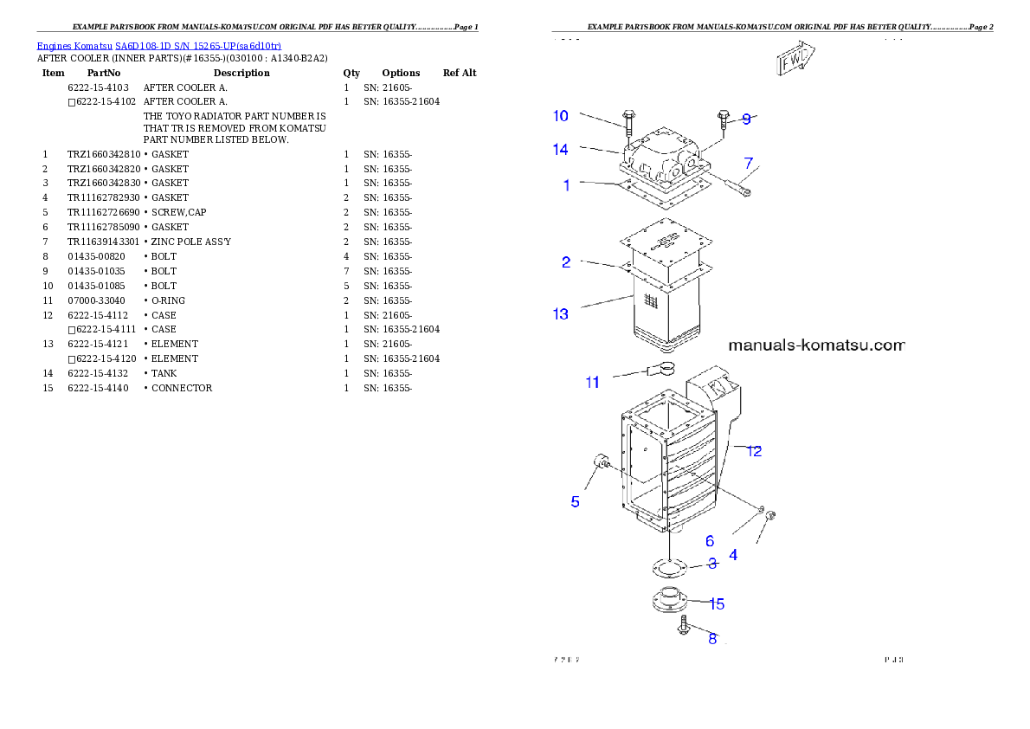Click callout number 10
(561, 116)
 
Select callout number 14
(561, 150)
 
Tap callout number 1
(567, 185)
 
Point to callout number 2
(566, 262)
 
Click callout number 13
(561, 313)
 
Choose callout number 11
(592, 383)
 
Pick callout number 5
(575, 501)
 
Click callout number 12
(754, 451)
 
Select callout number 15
(717, 603)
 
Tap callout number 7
(749, 163)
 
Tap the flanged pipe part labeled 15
(666, 601)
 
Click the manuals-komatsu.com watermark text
(816, 345)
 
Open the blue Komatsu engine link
(158, 45)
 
